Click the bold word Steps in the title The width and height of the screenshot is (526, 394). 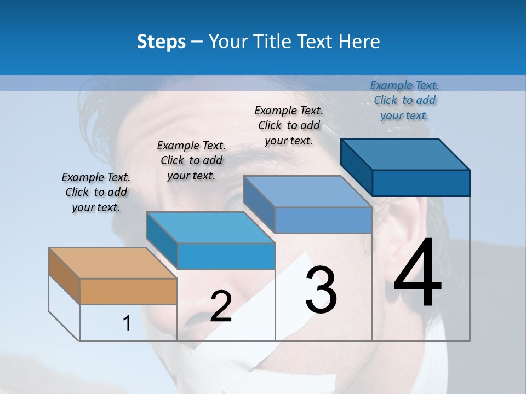(161, 42)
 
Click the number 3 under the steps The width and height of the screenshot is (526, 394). (321, 290)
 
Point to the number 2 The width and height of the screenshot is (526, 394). (221, 306)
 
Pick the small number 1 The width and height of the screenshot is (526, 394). (127, 323)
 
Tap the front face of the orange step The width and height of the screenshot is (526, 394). (128, 291)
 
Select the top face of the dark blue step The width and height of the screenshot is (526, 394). (405, 154)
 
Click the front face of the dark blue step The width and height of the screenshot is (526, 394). (421, 183)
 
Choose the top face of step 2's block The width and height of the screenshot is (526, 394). (210, 227)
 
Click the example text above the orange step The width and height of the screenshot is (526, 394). (96, 192)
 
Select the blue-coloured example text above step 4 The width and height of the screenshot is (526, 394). (404, 100)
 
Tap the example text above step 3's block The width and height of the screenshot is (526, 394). (289, 125)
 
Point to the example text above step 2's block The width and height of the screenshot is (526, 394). (191, 160)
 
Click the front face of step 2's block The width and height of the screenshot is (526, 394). (226, 256)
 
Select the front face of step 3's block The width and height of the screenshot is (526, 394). (323, 220)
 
